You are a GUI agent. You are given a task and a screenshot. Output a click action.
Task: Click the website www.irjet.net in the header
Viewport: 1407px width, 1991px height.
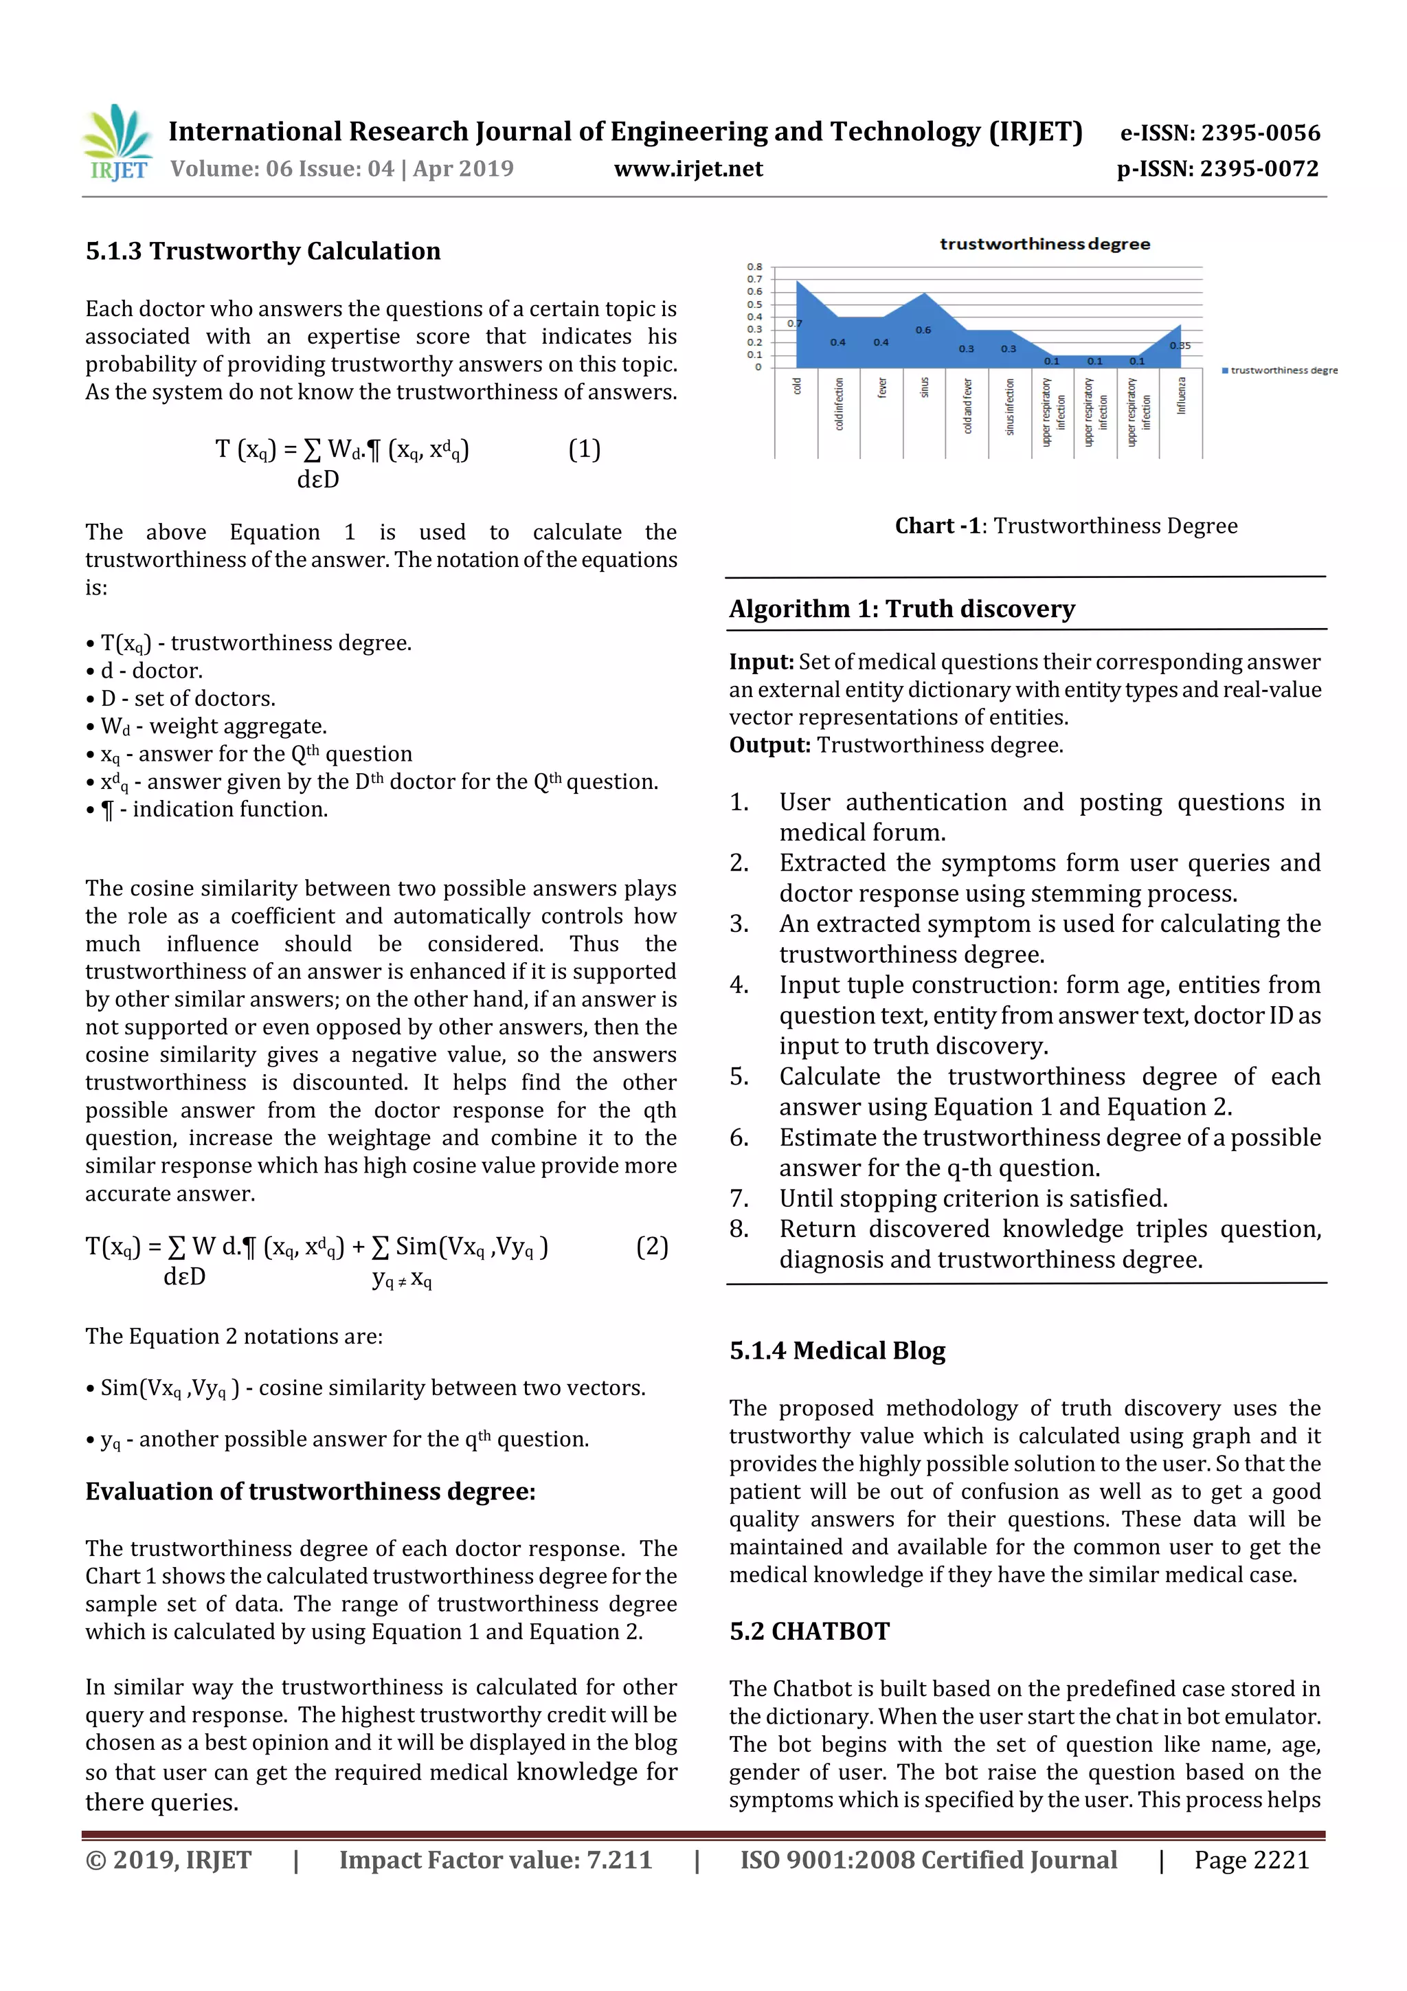(688, 169)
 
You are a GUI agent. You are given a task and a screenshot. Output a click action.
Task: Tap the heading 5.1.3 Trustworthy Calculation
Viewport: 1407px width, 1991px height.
(262, 252)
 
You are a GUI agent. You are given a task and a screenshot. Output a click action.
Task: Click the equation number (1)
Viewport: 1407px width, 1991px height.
(583, 449)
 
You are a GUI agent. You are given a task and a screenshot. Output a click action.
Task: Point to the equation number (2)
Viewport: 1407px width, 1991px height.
(652, 1246)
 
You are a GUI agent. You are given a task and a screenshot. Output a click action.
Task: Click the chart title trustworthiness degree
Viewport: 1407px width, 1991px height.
(1045, 245)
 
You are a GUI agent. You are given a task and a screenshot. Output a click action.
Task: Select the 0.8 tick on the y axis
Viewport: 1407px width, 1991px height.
(754, 266)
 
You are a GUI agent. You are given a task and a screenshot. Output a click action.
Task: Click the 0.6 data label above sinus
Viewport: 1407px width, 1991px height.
(923, 329)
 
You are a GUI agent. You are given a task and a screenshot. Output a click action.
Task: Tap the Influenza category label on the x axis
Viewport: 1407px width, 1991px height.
(1181, 395)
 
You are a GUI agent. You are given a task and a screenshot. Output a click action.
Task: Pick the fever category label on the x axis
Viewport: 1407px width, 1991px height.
(881, 388)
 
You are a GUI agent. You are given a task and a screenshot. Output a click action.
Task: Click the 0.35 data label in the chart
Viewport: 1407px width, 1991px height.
(1180, 346)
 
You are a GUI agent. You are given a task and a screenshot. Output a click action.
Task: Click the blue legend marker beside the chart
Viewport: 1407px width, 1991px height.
(1224, 370)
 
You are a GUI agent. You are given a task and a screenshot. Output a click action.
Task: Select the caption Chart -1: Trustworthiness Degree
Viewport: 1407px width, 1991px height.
(1066, 526)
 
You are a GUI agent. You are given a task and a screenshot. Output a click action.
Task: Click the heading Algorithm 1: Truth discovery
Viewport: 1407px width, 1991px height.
(901, 609)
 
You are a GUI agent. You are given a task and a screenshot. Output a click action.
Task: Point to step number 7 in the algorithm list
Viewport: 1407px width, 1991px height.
(739, 1199)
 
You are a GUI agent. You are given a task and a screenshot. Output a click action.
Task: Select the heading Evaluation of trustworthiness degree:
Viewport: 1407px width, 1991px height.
(311, 1491)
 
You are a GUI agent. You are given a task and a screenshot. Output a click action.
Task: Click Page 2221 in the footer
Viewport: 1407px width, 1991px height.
(1251, 1860)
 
